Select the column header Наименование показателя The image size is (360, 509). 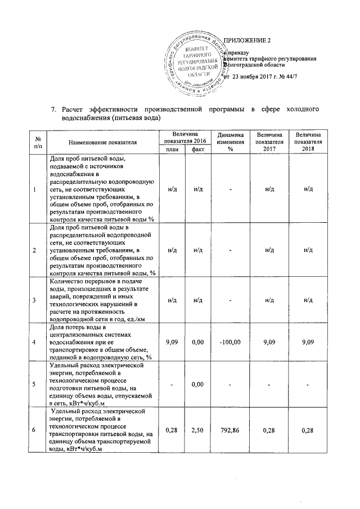[x=103, y=142]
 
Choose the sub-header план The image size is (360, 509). [x=172, y=149]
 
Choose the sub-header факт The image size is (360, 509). [x=197, y=149]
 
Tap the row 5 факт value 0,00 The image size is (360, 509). [x=197, y=385]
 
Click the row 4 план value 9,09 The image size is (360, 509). [x=172, y=341]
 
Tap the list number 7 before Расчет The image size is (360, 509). [x=53, y=109]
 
